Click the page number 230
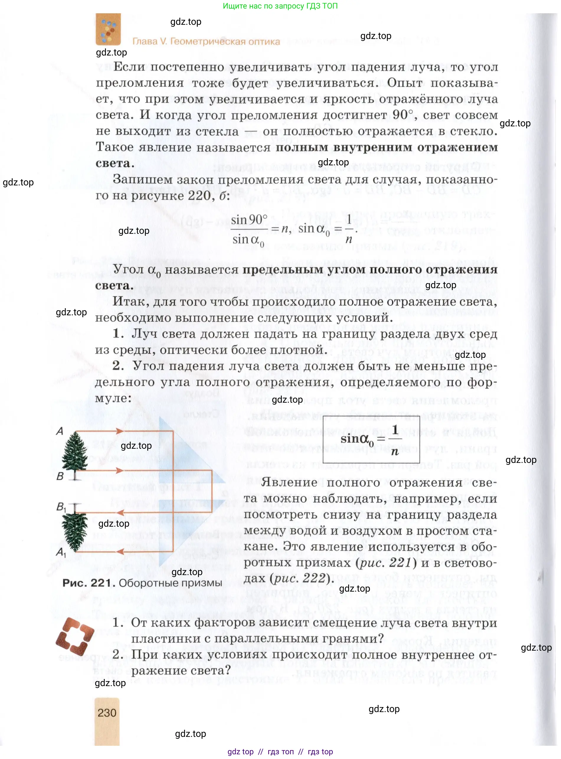click(x=107, y=712)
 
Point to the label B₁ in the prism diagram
click(x=61, y=507)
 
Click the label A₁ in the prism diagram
click(x=61, y=552)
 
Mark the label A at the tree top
click(x=60, y=431)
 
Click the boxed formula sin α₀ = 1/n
click(x=371, y=439)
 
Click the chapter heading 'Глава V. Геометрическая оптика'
click(x=206, y=41)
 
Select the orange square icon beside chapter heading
click(x=108, y=29)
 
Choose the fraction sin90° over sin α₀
click(x=249, y=230)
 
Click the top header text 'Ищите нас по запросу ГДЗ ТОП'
click(x=280, y=6)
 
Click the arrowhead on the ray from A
click(x=120, y=432)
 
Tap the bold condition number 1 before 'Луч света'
click(x=117, y=333)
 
